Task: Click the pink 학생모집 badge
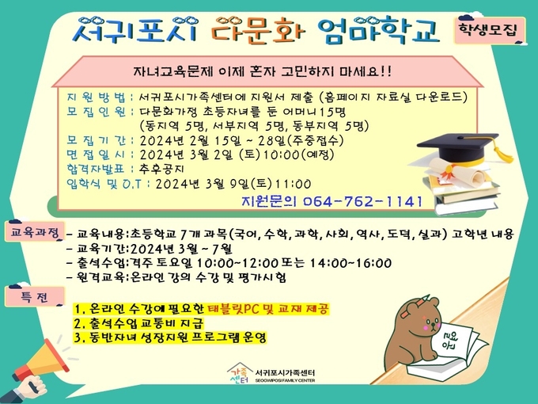pos(490,30)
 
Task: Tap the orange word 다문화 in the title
pos(258,31)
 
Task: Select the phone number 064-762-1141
pos(363,202)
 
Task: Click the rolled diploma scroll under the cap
pos(457,173)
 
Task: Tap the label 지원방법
pos(96,97)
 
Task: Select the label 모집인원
pos(96,112)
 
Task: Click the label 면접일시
pos(96,154)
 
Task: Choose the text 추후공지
pos(162,169)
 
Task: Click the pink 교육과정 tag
pos(34,232)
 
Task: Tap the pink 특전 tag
pos(34,297)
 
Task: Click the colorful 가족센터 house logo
pos(239,374)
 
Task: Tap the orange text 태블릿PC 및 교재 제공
pos(268,308)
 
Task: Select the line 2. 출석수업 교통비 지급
pos(139,323)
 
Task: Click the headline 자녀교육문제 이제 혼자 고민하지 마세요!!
pos(262,71)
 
